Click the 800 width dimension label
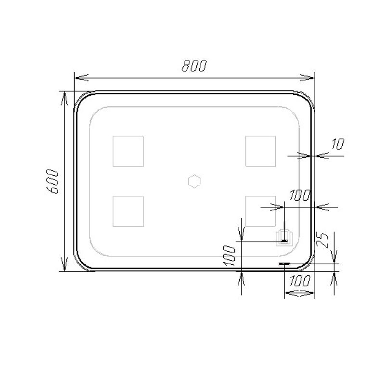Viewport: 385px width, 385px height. [194, 66]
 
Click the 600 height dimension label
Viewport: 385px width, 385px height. [52, 181]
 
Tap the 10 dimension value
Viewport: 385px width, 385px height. [338, 144]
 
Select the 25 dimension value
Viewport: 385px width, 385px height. [322, 240]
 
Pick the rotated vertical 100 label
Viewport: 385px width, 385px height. [230, 256]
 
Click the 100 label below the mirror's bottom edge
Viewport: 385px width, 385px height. [300, 281]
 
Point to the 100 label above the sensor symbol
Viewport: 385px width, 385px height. [300, 195]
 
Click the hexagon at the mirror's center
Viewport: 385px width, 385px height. [194, 181]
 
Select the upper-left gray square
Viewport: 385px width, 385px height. [128, 151]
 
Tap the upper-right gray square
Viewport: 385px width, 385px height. [260, 151]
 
